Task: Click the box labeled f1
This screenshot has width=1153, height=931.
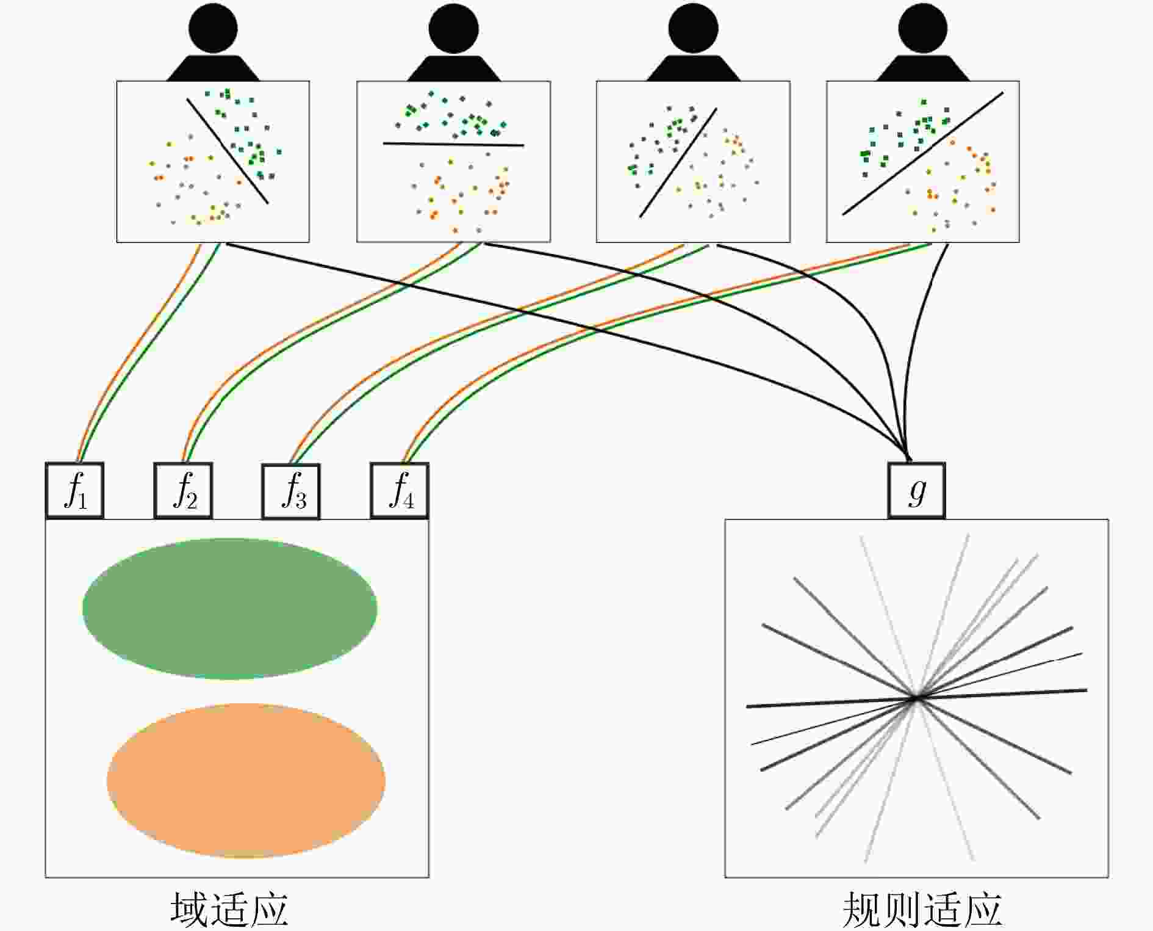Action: [74, 491]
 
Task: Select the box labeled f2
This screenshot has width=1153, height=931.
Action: [183, 491]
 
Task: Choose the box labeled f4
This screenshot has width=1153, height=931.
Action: [400, 491]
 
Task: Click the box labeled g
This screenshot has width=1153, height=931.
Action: [916, 491]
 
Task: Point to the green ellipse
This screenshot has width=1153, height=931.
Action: [229, 609]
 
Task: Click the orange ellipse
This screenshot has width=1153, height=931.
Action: [246, 781]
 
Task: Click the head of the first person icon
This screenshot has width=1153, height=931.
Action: [213, 29]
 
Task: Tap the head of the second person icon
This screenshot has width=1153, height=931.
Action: [453, 29]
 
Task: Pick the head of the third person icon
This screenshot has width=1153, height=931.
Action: [693, 29]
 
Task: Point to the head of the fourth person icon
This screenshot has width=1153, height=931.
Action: [923, 29]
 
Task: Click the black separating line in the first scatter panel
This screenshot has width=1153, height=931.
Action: [228, 151]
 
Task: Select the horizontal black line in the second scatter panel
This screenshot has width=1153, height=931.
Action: [453, 144]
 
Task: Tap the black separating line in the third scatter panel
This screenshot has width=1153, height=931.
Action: [678, 163]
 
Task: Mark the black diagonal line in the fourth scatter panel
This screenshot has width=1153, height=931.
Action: [923, 153]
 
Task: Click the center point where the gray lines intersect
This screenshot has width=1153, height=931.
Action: [916, 698]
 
